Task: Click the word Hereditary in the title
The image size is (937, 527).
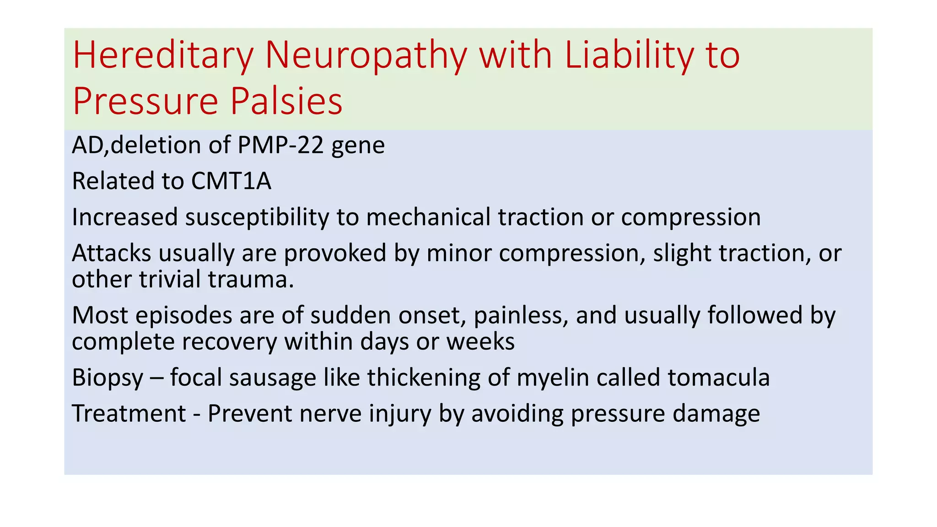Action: [x=163, y=56]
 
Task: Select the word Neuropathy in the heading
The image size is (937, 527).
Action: [x=366, y=56]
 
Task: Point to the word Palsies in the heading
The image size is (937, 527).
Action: [x=286, y=101]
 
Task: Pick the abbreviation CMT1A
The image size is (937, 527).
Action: [x=231, y=181]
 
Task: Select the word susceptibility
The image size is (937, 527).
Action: [x=257, y=217]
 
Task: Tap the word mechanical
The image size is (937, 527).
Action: [x=428, y=217]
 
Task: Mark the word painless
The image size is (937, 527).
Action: [x=521, y=316]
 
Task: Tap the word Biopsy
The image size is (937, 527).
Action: [x=108, y=378]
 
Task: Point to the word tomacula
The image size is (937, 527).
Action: [x=718, y=378]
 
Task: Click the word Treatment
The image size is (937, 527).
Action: [x=129, y=414]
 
